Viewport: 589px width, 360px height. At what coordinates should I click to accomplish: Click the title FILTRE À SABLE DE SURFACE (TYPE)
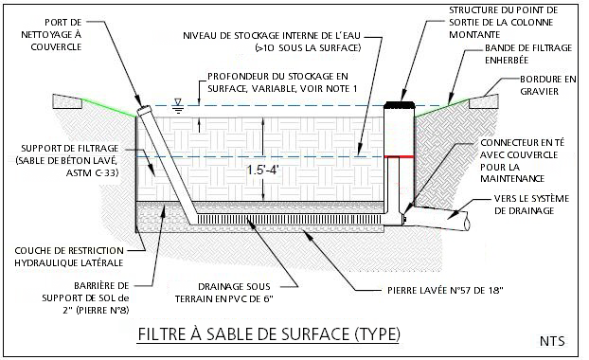click(x=269, y=334)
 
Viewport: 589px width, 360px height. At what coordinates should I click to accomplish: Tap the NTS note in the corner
click(x=552, y=341)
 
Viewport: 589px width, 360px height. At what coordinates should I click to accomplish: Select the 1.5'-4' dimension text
click(x=263, y=171)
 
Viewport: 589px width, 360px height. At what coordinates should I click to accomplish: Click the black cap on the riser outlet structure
click(x=400, y=104)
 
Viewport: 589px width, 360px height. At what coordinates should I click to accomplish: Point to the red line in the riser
click(x=399, y=156)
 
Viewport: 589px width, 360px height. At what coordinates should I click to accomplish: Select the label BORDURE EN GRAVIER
click(x=547, y=85)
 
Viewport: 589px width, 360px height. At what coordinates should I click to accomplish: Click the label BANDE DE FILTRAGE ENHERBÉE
click(x=528, y=54)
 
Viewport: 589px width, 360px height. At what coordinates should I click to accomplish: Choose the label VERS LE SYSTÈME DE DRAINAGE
click(x=531, y=205)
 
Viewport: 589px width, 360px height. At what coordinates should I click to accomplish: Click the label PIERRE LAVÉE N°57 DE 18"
click(x=445, y=291)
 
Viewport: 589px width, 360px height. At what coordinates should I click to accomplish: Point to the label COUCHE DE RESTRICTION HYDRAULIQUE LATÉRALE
click(x=69, y=257)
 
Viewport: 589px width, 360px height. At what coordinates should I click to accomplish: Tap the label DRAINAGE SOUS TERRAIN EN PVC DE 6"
click(x=224, y=293)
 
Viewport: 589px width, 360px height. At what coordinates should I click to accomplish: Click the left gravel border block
click(x=67, y=101)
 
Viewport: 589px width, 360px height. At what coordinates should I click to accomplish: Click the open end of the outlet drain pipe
click(x=467, y=225)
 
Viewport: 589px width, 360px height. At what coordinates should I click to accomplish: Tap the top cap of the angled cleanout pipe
click(x=143, y=110)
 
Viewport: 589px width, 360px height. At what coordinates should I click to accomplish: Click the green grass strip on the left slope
click(x=109, y=108)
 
